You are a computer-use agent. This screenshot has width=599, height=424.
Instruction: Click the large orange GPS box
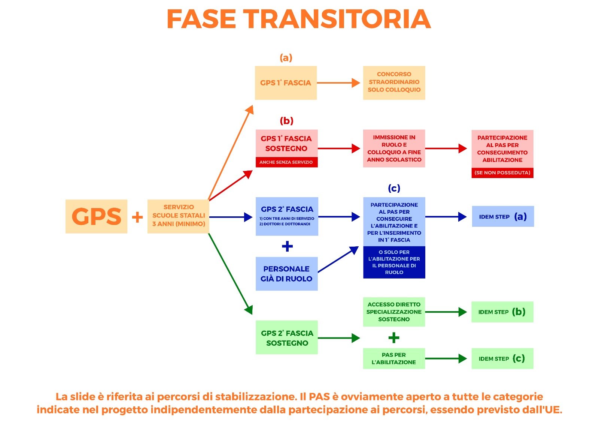point(96,216)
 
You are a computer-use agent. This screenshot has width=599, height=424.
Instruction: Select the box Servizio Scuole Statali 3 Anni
point(178,216)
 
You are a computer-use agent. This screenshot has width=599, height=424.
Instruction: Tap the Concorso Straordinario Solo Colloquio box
point(394,82)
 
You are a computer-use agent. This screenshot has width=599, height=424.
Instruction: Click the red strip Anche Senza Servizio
point(286,162)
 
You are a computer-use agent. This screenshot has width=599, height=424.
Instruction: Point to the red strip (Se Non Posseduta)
point(502,173)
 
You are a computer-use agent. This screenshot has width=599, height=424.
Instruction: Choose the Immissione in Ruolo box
point(394,148)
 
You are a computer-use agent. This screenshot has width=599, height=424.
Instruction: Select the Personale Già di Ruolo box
point(286,274)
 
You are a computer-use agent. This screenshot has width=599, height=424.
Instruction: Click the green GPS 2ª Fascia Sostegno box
point(287,337)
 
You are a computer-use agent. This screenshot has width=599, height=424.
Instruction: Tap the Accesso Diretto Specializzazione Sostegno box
point(394,312)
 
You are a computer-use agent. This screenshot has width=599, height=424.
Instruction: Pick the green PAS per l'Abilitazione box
point(394,358)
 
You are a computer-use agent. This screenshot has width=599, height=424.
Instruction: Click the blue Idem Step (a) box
point(502,216)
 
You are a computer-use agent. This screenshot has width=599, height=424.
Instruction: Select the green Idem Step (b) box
point(502,312)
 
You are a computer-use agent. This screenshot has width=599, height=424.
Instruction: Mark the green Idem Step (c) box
point(502,358)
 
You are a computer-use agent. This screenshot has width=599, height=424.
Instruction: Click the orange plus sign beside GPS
point(137,217)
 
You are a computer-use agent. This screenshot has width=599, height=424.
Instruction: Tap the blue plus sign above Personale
point(287,246)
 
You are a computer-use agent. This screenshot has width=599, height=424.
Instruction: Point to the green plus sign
point(394,338)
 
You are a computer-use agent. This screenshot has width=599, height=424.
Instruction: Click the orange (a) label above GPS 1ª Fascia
point(286,58)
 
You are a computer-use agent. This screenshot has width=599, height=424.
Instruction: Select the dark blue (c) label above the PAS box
point(394,188)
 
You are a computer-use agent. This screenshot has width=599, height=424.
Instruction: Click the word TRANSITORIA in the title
point(338,19)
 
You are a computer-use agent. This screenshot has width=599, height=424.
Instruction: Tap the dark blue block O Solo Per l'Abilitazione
point(394,262)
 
